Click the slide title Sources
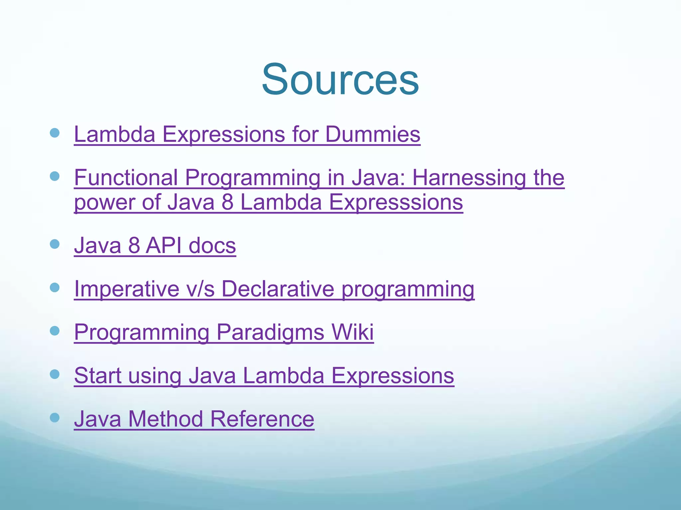pos(340,80)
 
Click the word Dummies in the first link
pos(372,134)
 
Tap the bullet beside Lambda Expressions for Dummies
pos(55,133)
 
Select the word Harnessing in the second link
pos(469,178)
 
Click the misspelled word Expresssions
pos(396,202)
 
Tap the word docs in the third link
pos(212,246)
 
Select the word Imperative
pos(127,289)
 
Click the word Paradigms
pos(270,332)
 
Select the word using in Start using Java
pos(155,376)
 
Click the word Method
pos(165,419)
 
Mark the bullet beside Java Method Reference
pos(55,417)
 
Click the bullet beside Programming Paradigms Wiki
pos(55,331)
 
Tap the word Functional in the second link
pos(126,178)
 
